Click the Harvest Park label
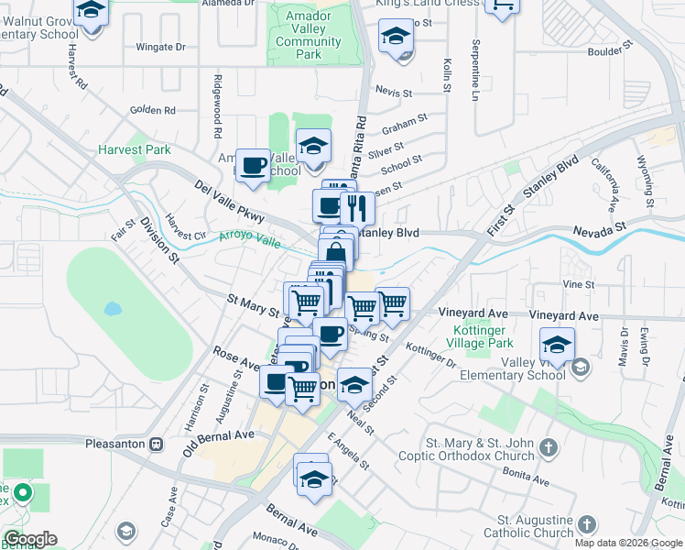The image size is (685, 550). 135,149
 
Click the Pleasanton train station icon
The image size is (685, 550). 157,444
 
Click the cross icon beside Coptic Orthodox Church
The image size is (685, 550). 548,448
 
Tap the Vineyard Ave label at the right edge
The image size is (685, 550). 563,315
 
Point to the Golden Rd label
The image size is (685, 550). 152,110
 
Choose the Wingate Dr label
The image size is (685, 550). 160,47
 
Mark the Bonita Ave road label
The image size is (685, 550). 525,477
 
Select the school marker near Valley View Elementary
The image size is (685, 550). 556,346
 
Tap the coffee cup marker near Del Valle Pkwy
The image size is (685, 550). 253,166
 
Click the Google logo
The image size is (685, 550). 30,539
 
